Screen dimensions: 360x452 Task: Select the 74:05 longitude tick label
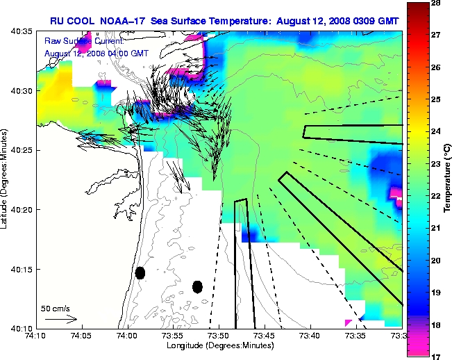(x=82, y=335)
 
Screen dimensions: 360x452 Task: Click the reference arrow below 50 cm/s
(x=61, y=319)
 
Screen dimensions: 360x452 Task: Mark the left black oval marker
(x=140, y=272)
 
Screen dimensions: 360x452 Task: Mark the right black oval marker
(x=197, y=286)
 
